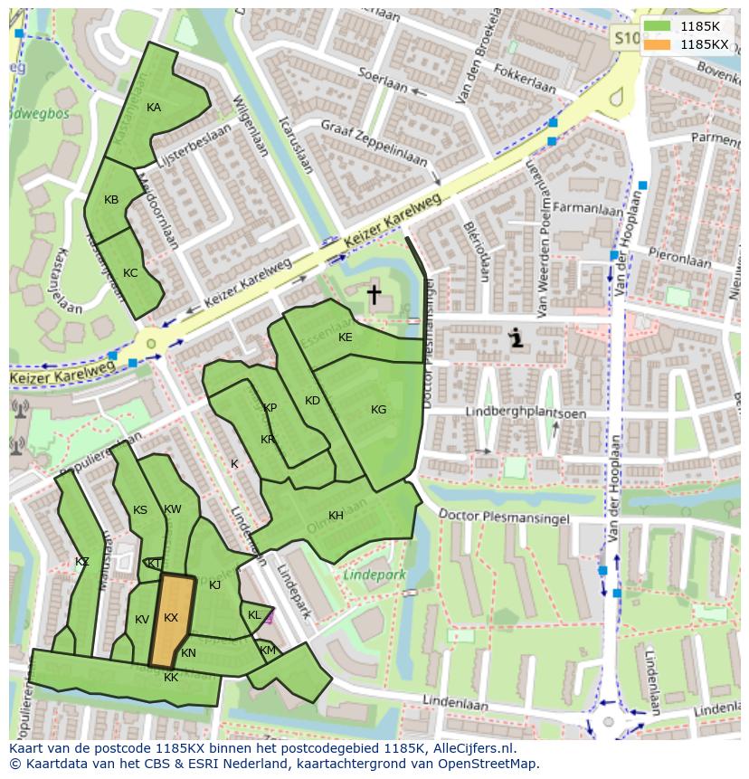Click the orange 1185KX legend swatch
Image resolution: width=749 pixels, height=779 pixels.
(x=659, y=43)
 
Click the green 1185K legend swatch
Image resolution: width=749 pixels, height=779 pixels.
(x=659, y=26)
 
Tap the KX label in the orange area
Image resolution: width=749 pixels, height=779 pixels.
(x=171, y=618)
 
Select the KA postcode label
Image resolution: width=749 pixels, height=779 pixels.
(x=154, y=108)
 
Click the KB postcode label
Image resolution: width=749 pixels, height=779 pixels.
(x=111, y=200)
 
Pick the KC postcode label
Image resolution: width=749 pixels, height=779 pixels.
(x=130, y=273)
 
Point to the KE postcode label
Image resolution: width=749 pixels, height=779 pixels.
(x=345, y=337)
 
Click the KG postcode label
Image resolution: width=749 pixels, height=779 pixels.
(x=378, y=410)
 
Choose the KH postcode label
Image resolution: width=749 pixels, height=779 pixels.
(x=336, y=516)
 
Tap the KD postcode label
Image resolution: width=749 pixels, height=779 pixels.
(x=312, y=401)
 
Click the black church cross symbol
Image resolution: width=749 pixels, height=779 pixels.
(x=374, y=294)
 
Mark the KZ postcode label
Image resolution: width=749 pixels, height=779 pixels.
(x=82, y=562)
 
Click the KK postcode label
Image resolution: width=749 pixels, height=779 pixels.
(x=171, y=677)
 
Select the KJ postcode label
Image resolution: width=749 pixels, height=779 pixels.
(x=214, y=585)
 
